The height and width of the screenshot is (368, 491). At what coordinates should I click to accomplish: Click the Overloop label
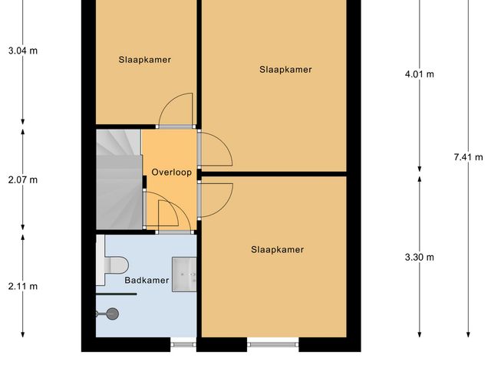tap(171, 172)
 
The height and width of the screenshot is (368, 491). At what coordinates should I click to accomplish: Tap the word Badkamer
tap(147, 281)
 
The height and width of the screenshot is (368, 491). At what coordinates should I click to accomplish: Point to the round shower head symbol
tap(113, 313)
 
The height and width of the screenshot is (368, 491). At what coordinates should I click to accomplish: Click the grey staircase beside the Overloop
tap(118, 179)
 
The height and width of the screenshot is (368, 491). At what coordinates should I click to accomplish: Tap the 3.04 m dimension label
tap(22, 51)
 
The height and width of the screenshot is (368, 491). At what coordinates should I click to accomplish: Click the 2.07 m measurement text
tap(22, 180)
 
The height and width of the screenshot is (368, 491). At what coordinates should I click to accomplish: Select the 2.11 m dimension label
tap(22, 287)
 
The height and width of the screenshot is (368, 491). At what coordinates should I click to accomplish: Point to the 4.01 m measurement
tap(419, 74)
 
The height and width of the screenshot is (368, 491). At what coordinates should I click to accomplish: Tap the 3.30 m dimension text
tap(419, 257)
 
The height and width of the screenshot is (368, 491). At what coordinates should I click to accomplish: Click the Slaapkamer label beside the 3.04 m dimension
tap(144, 59)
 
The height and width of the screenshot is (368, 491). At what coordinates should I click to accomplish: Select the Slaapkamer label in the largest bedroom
tap(285, 70)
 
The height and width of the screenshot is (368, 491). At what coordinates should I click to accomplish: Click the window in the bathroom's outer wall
tap(183, 344)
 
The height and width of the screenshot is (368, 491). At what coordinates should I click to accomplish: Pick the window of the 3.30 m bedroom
tap(272, 344)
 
